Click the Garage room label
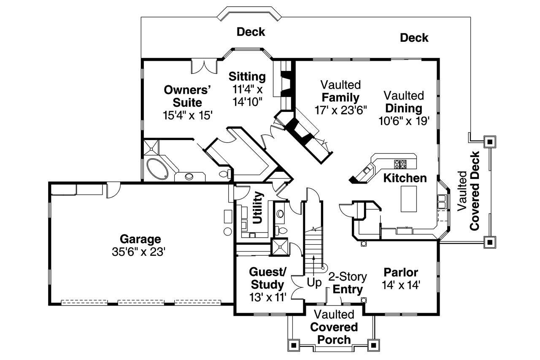click(x=140, y=239)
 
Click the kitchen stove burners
click(x=400, y=163)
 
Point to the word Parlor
click(x=401, y=272)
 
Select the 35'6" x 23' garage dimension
click(x=140, y=252)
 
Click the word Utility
click(x=257, y=208)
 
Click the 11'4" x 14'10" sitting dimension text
click(x=247, y=95)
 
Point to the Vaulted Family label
click(x=340, y=91)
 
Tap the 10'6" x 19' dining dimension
click(x=404, y=121)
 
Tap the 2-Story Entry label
click(x=348, y=283)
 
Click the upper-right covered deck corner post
click(x=489, y=142)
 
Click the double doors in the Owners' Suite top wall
click(x=204, y=66)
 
